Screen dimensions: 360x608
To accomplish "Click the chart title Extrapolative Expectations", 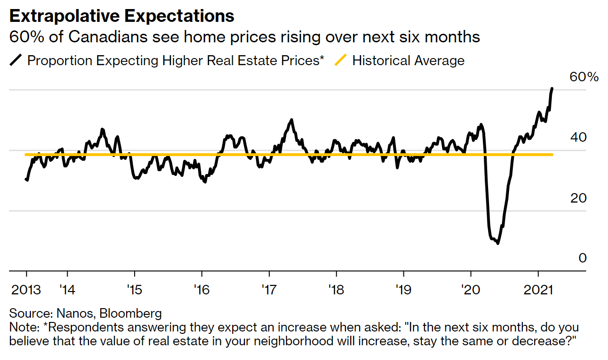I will [x=122, y=16].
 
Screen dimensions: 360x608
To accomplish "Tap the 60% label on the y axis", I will [x=584, y=77].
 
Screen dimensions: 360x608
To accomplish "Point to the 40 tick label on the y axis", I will [x=579, y=137].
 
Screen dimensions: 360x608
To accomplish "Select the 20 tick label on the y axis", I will [x=579, y=198].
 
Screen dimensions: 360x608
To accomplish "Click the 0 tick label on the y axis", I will [x=583, y=258].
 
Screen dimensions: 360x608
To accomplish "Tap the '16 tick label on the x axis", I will [x=202, y=289].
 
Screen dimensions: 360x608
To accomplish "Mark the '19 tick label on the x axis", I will [x=403, y=289].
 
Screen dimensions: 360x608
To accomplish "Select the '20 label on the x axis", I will [x=471, y=289].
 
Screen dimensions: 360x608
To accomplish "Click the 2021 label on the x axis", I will [x=538, y=289].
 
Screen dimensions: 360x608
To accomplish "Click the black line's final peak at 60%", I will [x=552, y=88].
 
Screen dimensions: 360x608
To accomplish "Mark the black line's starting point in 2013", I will [x=26, y=179].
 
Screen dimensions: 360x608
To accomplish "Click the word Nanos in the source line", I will [x=71, y=313].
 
